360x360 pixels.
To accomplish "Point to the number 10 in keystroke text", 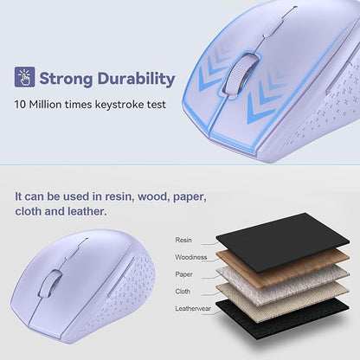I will tap(20, 105).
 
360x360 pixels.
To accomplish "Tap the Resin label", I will tap(183, 240).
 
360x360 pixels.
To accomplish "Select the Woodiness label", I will tap(191, 256).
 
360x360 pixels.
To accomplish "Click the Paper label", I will tap(184, 273).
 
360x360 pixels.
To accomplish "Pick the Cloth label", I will tap(183, 291).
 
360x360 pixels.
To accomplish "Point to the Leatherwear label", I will tap(194, 307).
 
